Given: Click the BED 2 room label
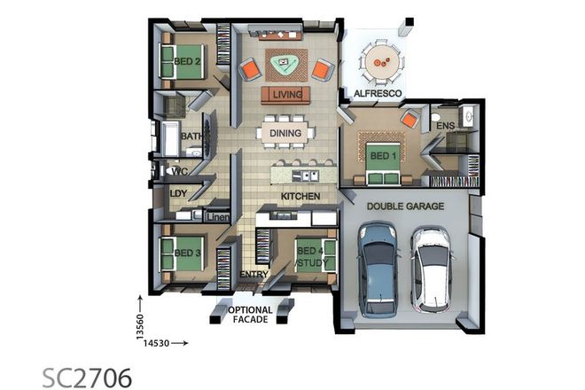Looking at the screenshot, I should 187,61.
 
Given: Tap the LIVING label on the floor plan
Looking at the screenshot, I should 286,94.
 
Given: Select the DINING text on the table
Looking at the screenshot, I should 285,134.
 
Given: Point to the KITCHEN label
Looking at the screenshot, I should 300,195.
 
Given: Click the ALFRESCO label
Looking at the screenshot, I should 378,93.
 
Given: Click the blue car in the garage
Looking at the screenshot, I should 377,269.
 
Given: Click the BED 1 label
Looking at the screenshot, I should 382,157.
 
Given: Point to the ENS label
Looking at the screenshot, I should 445,127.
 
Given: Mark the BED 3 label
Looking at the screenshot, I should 187,253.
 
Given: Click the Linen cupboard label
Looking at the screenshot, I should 218,217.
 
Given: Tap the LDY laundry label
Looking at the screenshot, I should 178,193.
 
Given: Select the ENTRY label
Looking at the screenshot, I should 253,275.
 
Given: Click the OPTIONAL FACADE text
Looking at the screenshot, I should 251,315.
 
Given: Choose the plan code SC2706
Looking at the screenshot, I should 87,375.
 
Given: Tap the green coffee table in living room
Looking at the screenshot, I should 285,62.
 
